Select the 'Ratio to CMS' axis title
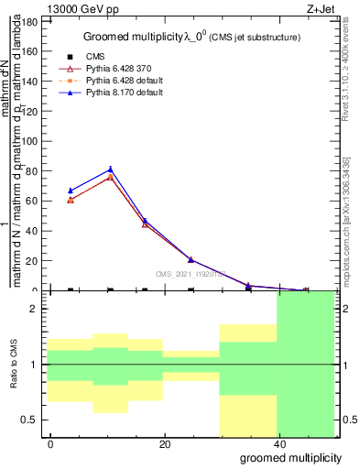click(15, 365)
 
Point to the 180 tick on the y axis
click(33, 20)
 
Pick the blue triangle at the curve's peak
click(110, 169)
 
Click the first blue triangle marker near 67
click(71, 190)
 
